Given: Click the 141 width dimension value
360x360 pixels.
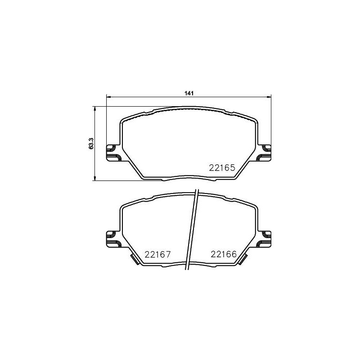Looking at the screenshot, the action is tap(189, 93).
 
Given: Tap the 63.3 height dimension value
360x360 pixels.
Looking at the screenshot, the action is tap(91, 144).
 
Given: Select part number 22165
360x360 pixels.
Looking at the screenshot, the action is tap(222, 168).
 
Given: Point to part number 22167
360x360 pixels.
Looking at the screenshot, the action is tap(158, 254).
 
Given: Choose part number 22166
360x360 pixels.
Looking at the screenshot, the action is tap(224, 254).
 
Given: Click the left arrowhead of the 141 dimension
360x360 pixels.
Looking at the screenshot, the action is tap(109, 97).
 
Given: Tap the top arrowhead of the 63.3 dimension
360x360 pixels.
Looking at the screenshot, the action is tap(94, 109).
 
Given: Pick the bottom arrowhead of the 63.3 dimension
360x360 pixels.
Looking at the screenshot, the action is tap(94, 178).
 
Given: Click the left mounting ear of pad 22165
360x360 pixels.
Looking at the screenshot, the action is tap(113, 153).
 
